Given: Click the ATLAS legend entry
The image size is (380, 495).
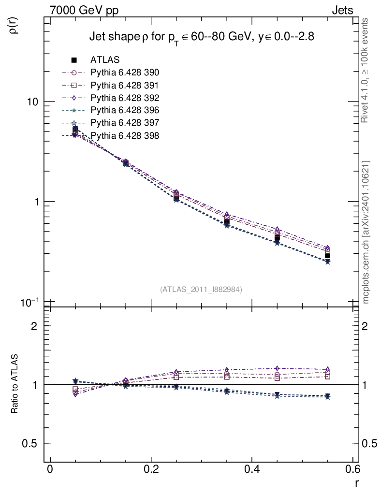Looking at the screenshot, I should coord(105,60).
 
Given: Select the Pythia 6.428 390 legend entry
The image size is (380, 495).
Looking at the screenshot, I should coord(125,73).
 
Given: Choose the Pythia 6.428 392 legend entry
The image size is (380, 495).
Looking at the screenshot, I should coord(125,98).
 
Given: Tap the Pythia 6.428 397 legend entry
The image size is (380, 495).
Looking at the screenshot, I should coord(125,123).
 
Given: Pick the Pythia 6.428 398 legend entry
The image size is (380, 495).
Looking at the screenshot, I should coord(125,135).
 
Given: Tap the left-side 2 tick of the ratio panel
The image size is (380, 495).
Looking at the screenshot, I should coord(34,326).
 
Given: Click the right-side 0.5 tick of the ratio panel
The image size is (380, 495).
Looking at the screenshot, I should coord(371,444).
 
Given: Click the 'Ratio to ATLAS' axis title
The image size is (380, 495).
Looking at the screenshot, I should coord(15,385).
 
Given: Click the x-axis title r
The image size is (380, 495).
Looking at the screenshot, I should coord(356,483).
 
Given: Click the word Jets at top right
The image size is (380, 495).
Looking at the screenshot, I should coord(342,11).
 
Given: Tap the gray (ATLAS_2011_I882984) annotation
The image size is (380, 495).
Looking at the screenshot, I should coord(201,289).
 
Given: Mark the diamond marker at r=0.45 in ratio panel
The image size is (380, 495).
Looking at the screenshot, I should coord(277,369).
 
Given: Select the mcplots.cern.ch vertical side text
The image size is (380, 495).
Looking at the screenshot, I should coord(366,232).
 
